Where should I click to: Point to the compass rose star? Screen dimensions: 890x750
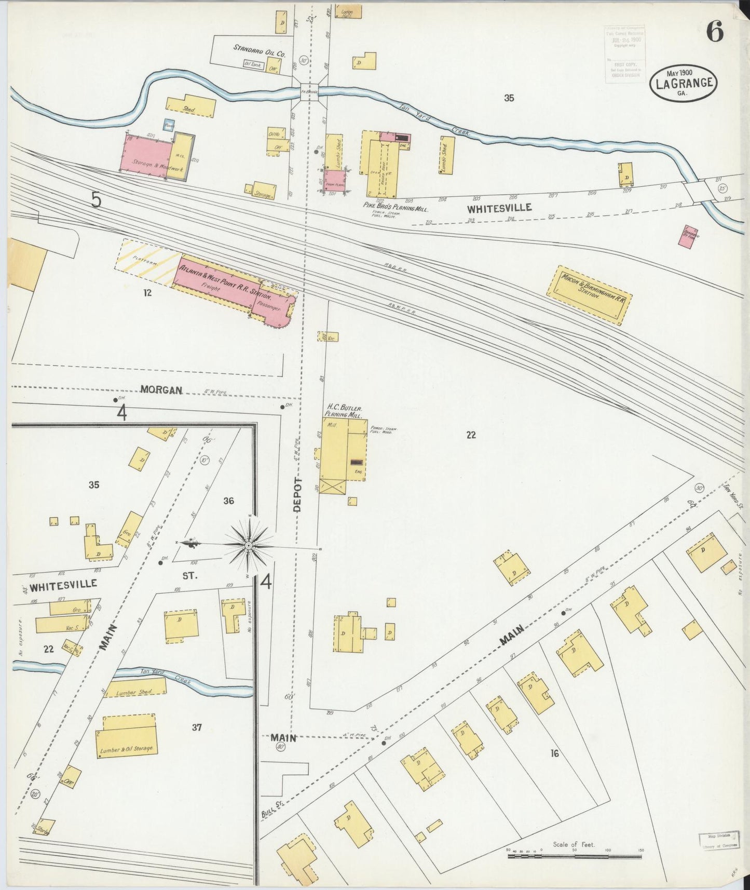(x=249, y=545)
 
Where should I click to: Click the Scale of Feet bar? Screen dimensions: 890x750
(x=575, y=855)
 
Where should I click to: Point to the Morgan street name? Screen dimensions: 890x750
(x=161, y=390)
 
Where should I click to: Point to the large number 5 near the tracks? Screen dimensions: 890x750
(x=96, y=200)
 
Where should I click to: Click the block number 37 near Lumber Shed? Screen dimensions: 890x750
(x=196, y=727)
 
